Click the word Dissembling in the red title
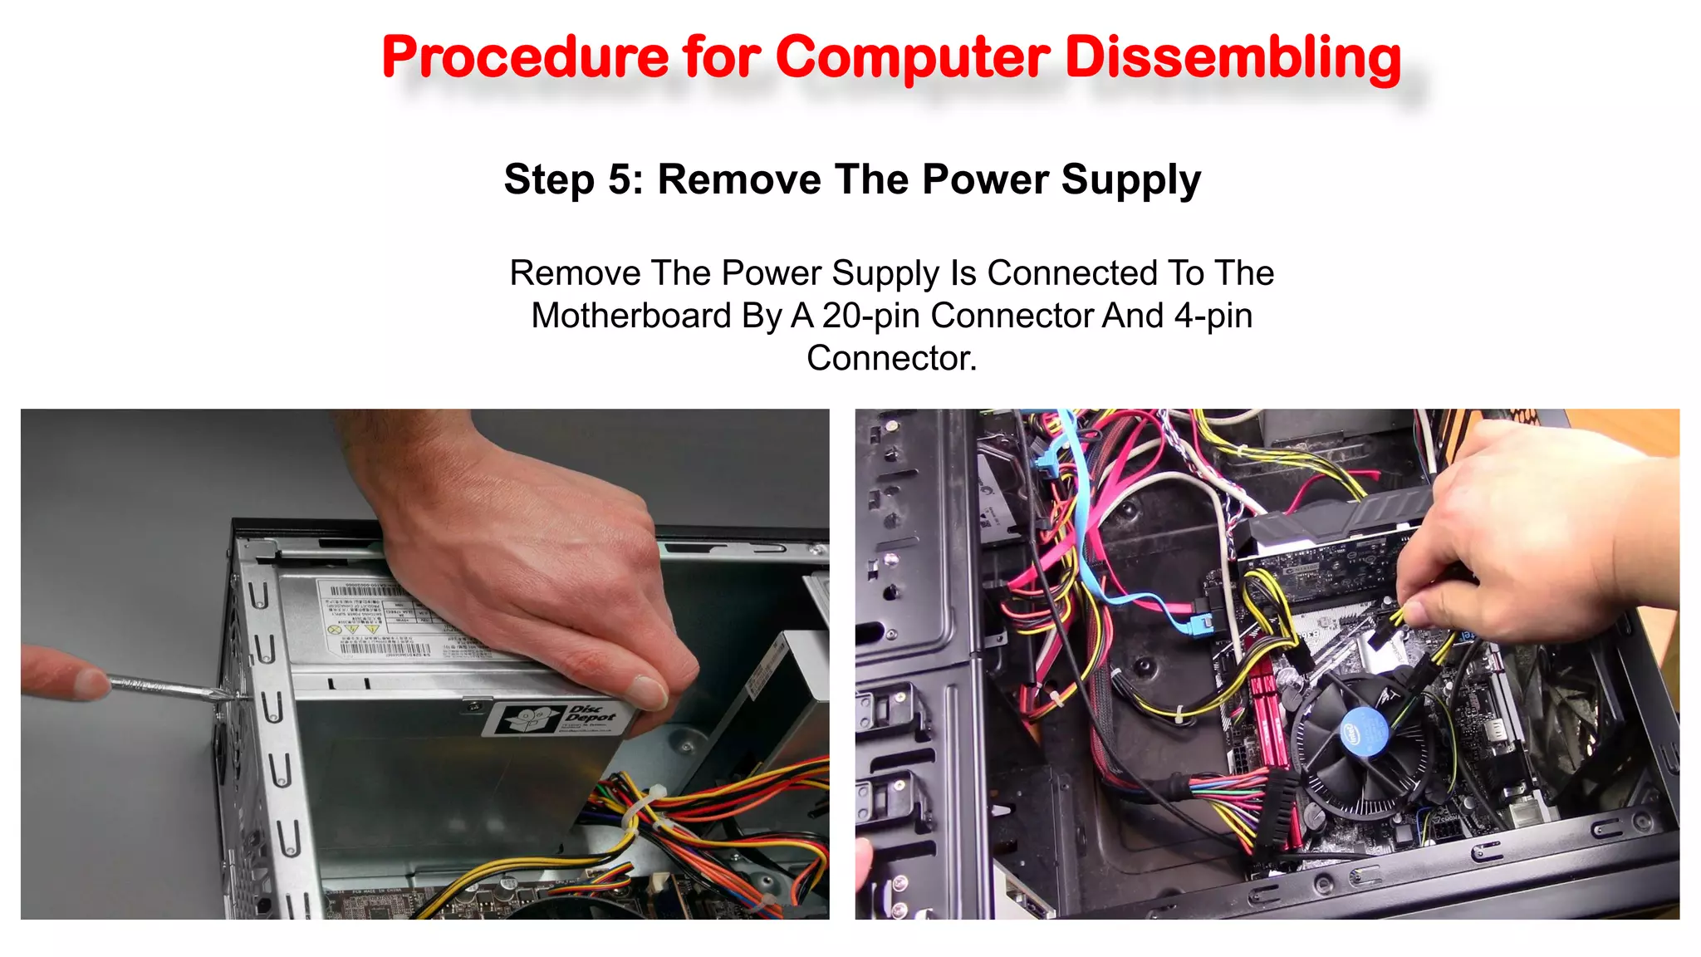tap(1233, 58)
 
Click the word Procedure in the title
tap(525, 58)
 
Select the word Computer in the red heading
tap(913, 58)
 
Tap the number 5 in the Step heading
tap(620, 179)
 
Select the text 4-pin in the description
tap(1213, 316)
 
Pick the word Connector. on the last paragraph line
tap(891, 358)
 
